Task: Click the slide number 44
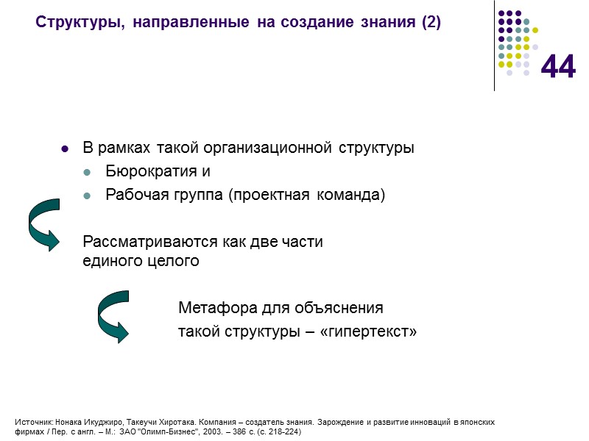click(x=558, y=68)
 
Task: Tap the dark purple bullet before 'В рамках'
click(x=64, y=149)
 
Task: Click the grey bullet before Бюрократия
click(x=88, y=173)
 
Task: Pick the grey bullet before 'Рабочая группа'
click(x=88, y=196)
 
